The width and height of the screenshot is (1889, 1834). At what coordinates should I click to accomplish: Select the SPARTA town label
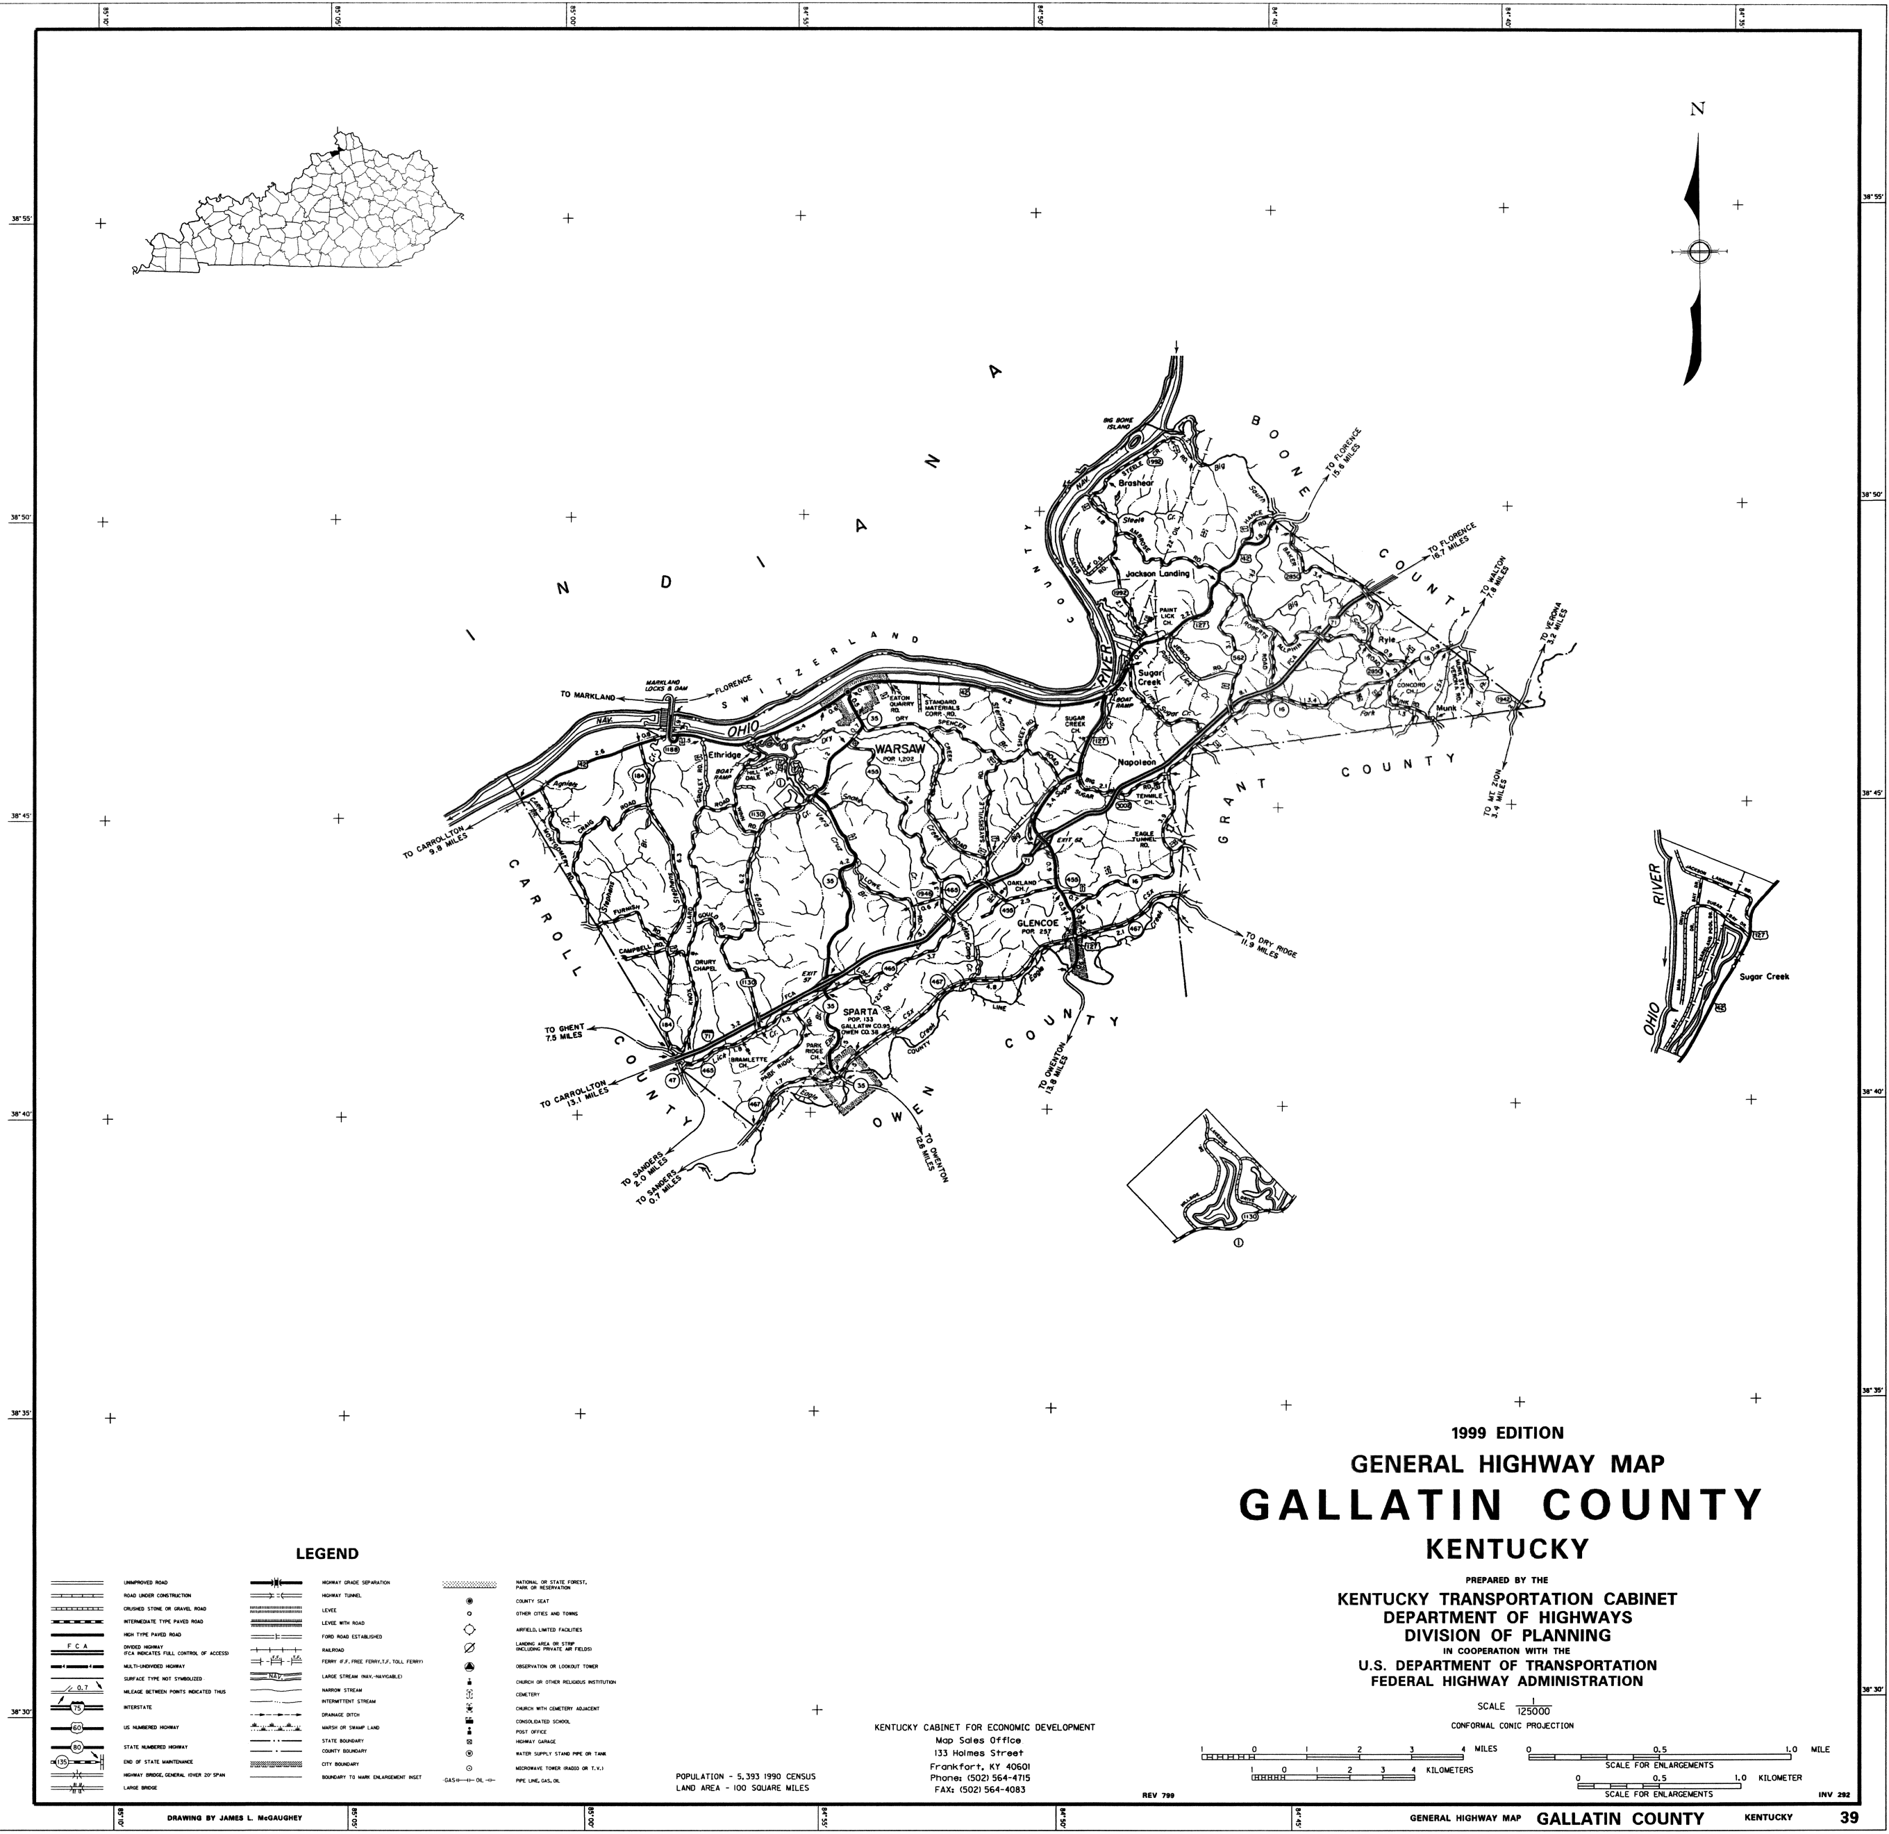(x=860, y=1011)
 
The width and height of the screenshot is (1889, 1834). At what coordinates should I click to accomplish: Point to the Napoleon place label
(x=1136, y=762)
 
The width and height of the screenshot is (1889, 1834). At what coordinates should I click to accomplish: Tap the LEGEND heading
(x=326, y=1553)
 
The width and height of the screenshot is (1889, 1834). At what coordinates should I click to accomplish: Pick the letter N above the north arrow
(x=1698, y=136)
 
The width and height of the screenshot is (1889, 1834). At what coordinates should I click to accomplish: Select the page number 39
(x=1849, y=1817)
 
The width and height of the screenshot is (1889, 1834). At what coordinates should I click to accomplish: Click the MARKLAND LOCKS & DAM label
(x=667, y=686)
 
